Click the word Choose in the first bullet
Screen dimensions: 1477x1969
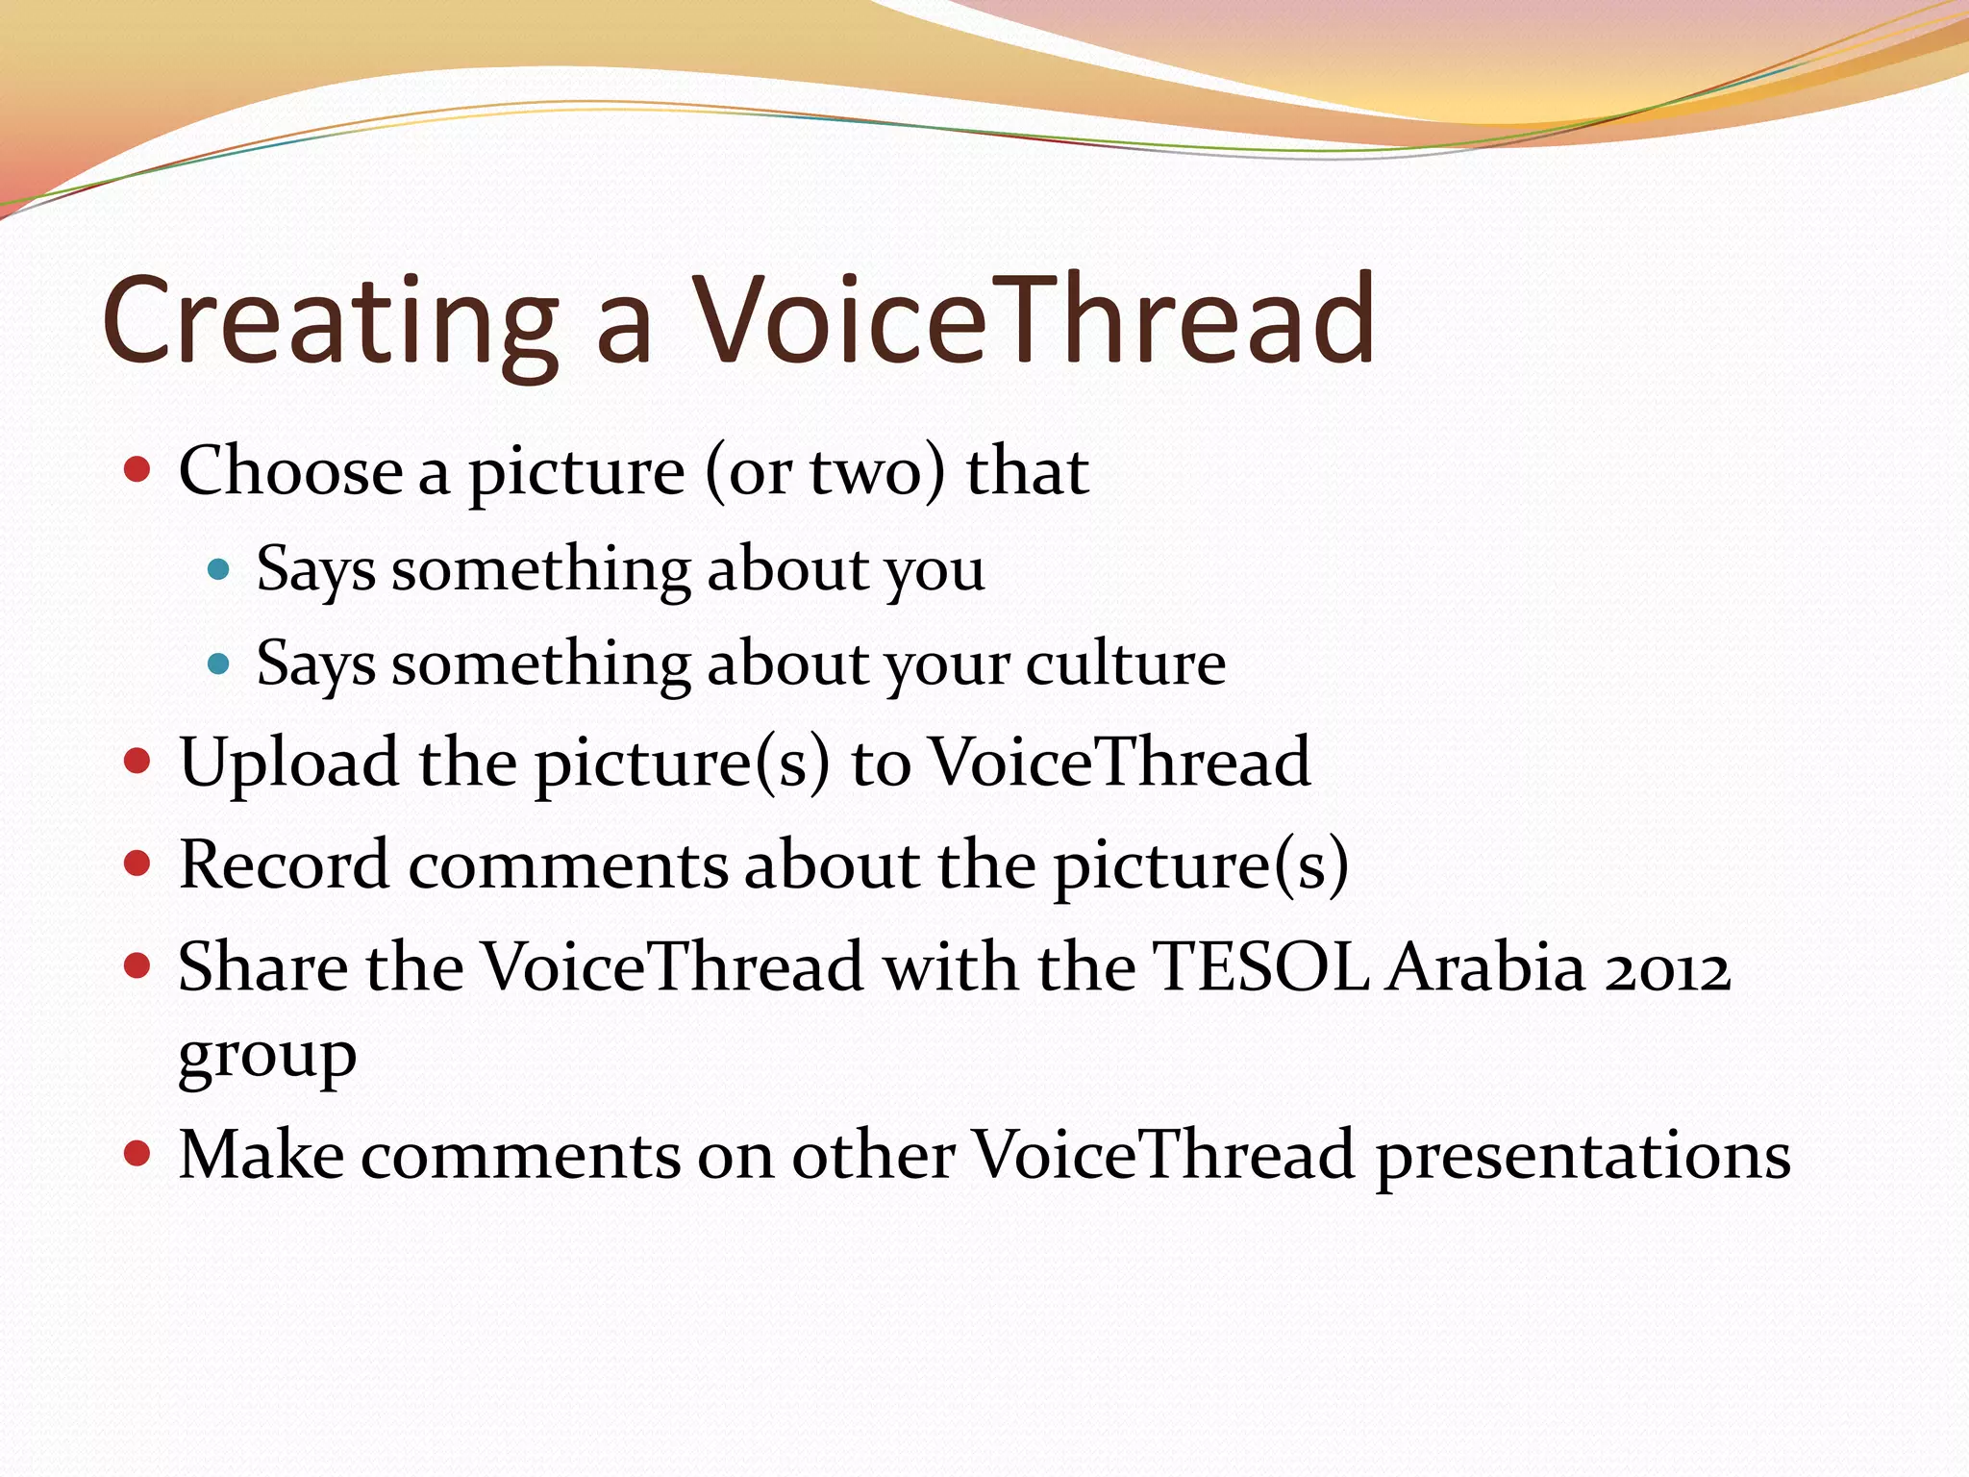point(289,472)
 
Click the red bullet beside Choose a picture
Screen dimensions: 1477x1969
point(138,469)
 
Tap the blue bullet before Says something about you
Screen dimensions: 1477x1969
point(219,569)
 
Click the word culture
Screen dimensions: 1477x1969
point(1125,663)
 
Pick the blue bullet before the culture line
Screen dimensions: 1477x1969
point(219,663)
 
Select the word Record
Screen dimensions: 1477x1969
point(284,864)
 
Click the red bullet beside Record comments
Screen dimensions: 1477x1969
point(138,864)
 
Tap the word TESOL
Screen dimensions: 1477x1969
point(1259,966)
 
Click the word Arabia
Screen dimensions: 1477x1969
point(1485,966)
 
